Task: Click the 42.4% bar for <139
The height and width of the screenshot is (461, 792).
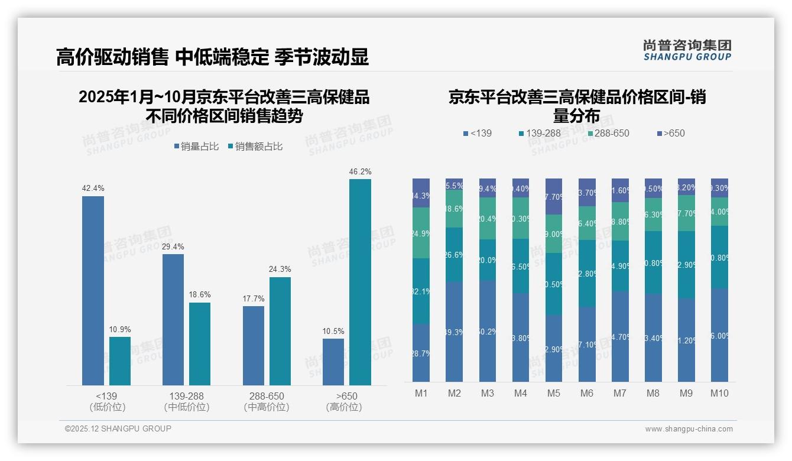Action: coord(93,290)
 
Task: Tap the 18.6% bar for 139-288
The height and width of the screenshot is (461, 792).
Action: coord(200,343)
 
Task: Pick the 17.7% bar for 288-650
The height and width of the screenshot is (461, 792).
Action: coord(254,345)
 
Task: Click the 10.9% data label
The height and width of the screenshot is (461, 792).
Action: coord(120,329)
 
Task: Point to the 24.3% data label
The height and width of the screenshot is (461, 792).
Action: coord(280,270)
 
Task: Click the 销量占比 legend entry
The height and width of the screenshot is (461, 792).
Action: coord(196,147)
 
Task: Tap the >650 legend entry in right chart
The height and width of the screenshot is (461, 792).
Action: coord(670,134)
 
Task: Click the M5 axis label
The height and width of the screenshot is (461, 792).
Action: coord(553,394)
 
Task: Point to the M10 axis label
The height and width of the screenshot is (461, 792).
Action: coord(719,394)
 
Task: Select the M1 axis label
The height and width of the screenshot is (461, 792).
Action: coord(421,394)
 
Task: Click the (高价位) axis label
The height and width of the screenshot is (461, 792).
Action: coord(343,407)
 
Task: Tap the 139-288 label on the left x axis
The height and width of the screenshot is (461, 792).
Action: coord(187,396)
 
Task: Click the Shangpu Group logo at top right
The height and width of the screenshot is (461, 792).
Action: coord(687,50)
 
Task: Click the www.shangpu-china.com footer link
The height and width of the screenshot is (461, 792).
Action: coord(689,429)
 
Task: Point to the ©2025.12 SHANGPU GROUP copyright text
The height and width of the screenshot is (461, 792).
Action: coord(118,429)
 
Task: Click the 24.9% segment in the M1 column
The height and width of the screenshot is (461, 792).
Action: coord(421,233)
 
